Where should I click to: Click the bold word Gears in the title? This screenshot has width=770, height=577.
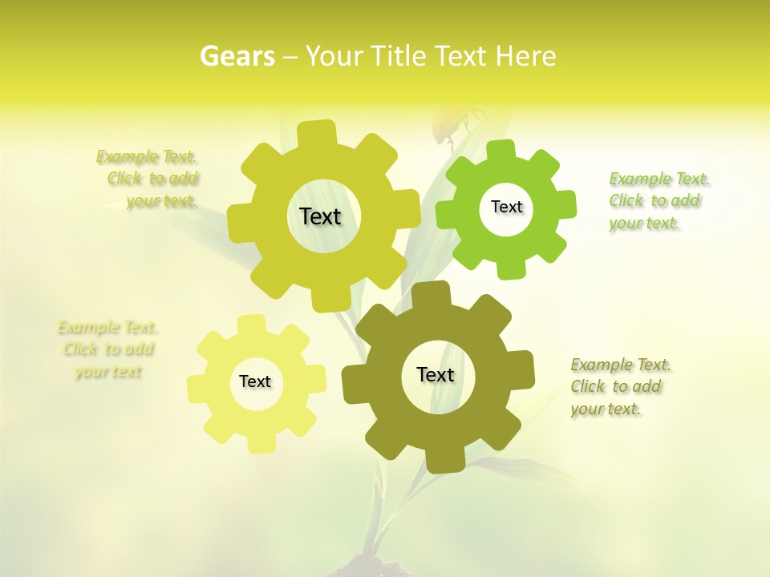coord(237,56)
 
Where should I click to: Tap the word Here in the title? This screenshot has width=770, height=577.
coord(525,56)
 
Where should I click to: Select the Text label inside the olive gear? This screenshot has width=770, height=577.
coord(436,375)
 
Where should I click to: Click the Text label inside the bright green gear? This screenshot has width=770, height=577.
coord(506,207)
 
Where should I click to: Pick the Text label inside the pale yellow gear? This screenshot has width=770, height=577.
coord(255,381)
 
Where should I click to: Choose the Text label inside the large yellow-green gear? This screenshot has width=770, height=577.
coord(320,216)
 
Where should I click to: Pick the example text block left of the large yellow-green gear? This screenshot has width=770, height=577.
coord(152,179)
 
